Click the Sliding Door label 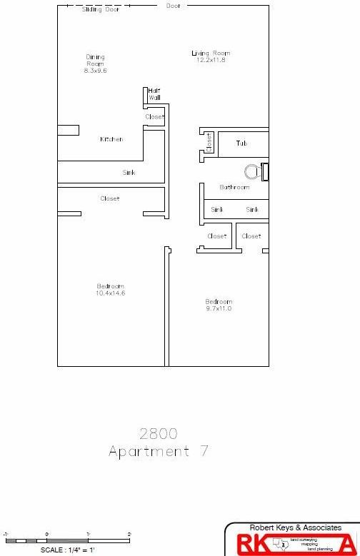click(101, 10)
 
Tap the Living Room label click(211, 54)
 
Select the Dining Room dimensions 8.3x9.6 click(95, 71)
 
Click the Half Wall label click(154, 94)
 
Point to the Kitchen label click(111, 139)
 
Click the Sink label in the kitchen click(129, 173)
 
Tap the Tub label click(242, 143)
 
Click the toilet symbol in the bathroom click(252, 171)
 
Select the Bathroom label click(234, 188)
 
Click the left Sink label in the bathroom click(217, 210)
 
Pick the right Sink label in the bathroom click(252, 210)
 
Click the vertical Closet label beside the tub click(209, 142)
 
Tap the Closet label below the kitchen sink click(110, 198)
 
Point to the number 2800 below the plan click(159, 433)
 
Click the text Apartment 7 click(159, 451)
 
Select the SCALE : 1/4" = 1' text click(68, 550)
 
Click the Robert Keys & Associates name click(296, 528)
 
